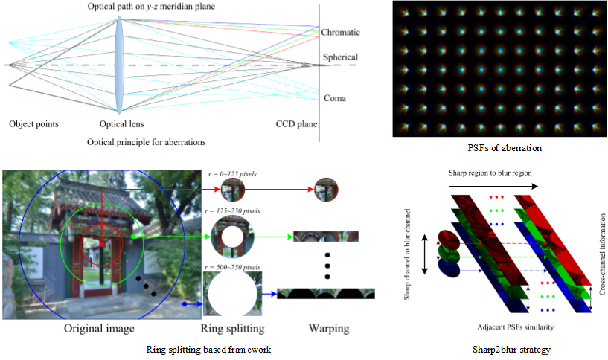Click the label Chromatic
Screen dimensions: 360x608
pos(340,33)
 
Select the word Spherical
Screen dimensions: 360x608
pos(340,57)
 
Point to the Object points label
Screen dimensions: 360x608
pos(33,123)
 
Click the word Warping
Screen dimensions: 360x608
pos(327,328)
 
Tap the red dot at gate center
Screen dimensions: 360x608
pos(101,243)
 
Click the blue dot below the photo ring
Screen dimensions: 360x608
pos(183,303)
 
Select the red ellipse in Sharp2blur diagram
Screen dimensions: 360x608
pos(448,237)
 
